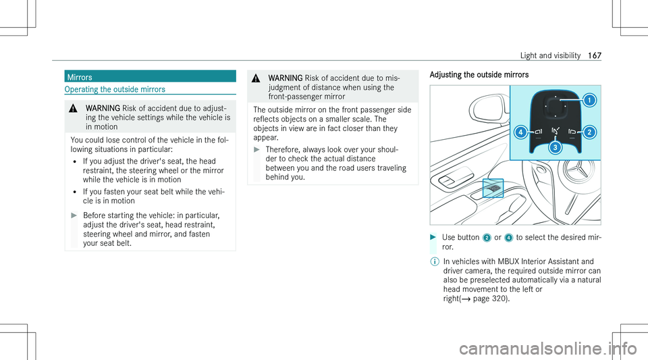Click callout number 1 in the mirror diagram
point(589,101)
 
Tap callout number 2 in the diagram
point(589,132)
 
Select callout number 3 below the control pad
point(554,146)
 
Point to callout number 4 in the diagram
point(520,132)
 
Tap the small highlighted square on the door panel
point(493,186)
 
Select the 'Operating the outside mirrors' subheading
point(114,89)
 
